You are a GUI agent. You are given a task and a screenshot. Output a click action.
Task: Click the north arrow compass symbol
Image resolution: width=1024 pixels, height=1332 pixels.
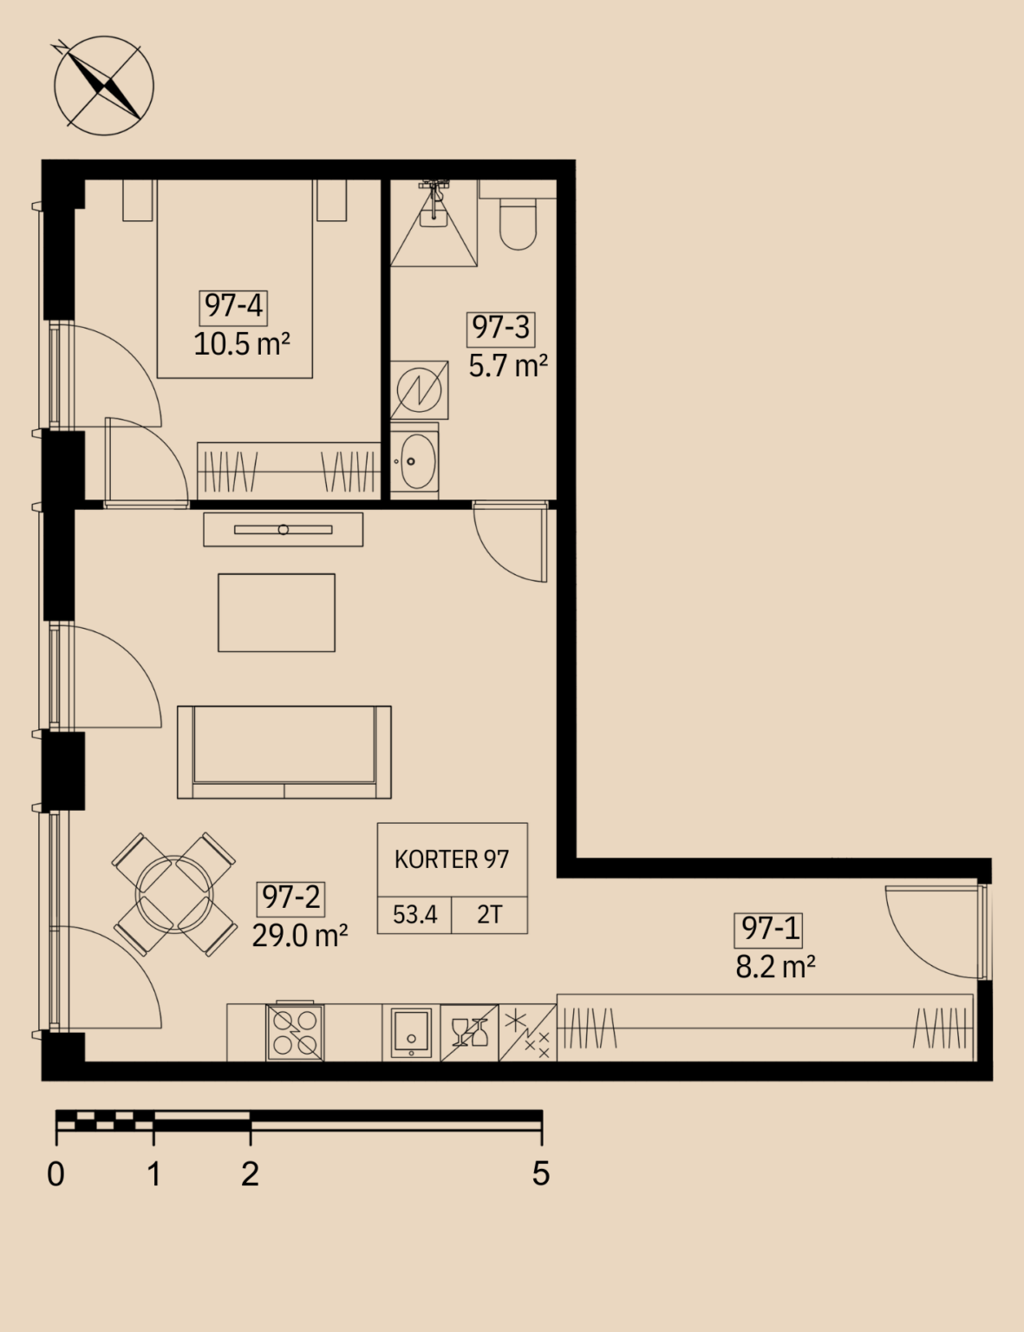tap(103, 86)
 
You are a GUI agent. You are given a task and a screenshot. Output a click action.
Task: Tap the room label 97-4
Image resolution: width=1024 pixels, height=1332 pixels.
tap(233, 306)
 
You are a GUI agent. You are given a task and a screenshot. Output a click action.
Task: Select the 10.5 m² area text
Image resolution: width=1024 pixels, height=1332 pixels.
tap(241, 344)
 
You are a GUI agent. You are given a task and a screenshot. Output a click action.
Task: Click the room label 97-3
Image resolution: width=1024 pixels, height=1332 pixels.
tap(500, 329)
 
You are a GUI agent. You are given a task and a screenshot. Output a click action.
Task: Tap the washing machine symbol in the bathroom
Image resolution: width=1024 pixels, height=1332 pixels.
tap(419, 390)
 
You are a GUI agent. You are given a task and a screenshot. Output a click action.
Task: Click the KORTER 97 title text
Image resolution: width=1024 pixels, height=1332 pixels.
tap(452, 860)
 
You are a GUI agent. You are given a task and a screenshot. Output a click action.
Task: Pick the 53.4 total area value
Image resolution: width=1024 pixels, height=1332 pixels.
tap(414, 915)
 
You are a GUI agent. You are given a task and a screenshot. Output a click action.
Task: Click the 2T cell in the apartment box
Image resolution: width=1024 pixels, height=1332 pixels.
tap(490, 915)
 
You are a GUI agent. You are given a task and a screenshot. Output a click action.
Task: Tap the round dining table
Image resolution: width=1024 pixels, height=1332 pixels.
tap(174, 894)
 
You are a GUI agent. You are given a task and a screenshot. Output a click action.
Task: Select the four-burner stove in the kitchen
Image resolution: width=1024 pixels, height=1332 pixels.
tap(295, 1033)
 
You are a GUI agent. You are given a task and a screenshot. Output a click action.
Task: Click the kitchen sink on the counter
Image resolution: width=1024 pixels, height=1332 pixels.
tap(411, 1033)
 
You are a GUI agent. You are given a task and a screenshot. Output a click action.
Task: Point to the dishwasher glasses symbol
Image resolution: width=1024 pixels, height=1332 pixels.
tap(469, 1033)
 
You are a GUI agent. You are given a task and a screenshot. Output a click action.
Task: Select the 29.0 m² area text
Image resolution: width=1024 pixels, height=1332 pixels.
tap(300, 936)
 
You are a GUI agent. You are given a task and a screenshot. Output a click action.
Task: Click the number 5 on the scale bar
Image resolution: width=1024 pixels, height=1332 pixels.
tap(541, 1174)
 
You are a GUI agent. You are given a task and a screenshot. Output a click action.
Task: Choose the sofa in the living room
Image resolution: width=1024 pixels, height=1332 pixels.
tap(284, 752)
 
